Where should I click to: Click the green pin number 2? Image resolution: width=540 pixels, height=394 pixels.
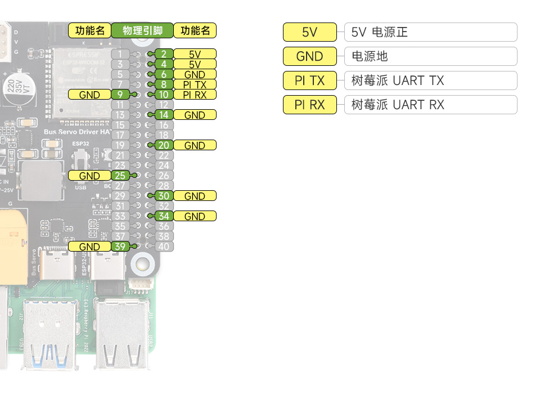(164, 54)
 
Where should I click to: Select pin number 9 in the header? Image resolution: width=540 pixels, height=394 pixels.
(120, 95)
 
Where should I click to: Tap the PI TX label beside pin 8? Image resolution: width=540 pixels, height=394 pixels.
(195, 84)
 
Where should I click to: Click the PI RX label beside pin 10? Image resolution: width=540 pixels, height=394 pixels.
(195, 95)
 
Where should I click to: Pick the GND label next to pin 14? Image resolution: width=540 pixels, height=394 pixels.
(195, 115)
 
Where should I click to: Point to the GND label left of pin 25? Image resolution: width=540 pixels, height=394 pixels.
(89, 176)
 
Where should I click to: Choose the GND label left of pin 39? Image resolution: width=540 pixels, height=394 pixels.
(89, 247)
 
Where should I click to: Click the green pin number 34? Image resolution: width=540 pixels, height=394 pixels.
(164, 216)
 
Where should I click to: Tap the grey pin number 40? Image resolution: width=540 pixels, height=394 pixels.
(164, 247)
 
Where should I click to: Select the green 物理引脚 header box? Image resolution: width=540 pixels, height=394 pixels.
(142, 30)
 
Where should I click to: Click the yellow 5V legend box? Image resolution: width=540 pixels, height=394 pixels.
(309, 32)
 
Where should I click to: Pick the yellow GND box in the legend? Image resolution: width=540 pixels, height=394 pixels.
(309, 56)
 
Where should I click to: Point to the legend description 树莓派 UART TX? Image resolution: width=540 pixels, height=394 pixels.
(398, 80)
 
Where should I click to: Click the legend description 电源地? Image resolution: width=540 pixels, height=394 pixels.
(370, 56)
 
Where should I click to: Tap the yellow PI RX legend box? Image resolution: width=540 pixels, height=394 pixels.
(309, 105)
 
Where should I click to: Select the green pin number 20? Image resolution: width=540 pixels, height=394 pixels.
(164, 145)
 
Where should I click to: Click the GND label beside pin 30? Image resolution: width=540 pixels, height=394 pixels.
(195, 196)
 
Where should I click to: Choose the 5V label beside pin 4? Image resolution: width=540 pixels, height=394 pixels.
(195, 64)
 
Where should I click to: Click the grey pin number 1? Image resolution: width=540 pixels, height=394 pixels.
(120, 54)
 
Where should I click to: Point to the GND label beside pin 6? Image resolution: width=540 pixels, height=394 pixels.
(195, 74)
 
